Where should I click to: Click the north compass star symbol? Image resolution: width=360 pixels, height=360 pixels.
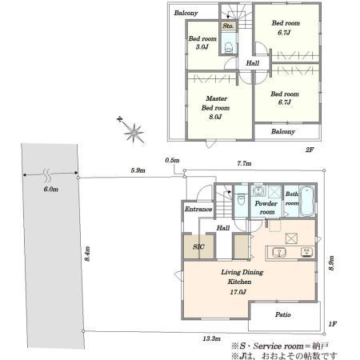tap(134, 132)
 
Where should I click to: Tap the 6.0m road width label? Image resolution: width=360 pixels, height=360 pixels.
tap(50, 190)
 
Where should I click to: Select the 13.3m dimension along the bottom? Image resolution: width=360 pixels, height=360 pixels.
tap(212, 338)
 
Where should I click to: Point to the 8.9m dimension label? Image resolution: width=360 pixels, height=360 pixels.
tap(331, 263)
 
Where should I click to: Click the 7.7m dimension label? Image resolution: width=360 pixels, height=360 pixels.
tap(244, 163)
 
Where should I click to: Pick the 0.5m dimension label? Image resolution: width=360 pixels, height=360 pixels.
tap(172, 160)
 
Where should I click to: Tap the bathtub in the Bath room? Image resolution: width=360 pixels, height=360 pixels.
tap(307, 201)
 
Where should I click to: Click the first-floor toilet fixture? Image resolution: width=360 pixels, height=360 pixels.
tap(241, 199)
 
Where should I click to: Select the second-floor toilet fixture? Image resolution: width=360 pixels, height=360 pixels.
tap(229, 48)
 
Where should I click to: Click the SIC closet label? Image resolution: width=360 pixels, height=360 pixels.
tap(198, 246)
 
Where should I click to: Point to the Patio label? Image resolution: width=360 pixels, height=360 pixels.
tap(283, 314)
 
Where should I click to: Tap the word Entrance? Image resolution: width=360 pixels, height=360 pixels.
tap(198, 209)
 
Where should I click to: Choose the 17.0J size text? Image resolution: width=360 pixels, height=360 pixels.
tap(238, 292)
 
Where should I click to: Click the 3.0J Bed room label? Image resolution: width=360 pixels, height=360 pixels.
tap(202, 42)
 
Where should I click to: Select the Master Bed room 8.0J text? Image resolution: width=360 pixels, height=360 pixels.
tap(216, 107)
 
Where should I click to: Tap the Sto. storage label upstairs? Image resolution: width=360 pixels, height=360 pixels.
tap(228, 26)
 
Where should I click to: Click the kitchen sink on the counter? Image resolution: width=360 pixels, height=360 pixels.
tap(279, 252)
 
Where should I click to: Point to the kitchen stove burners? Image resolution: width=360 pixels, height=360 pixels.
tap(307, 252)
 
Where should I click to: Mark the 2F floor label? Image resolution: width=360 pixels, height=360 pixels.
tap(310, 150)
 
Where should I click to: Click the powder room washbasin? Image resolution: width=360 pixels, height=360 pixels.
tap(258, 191)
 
